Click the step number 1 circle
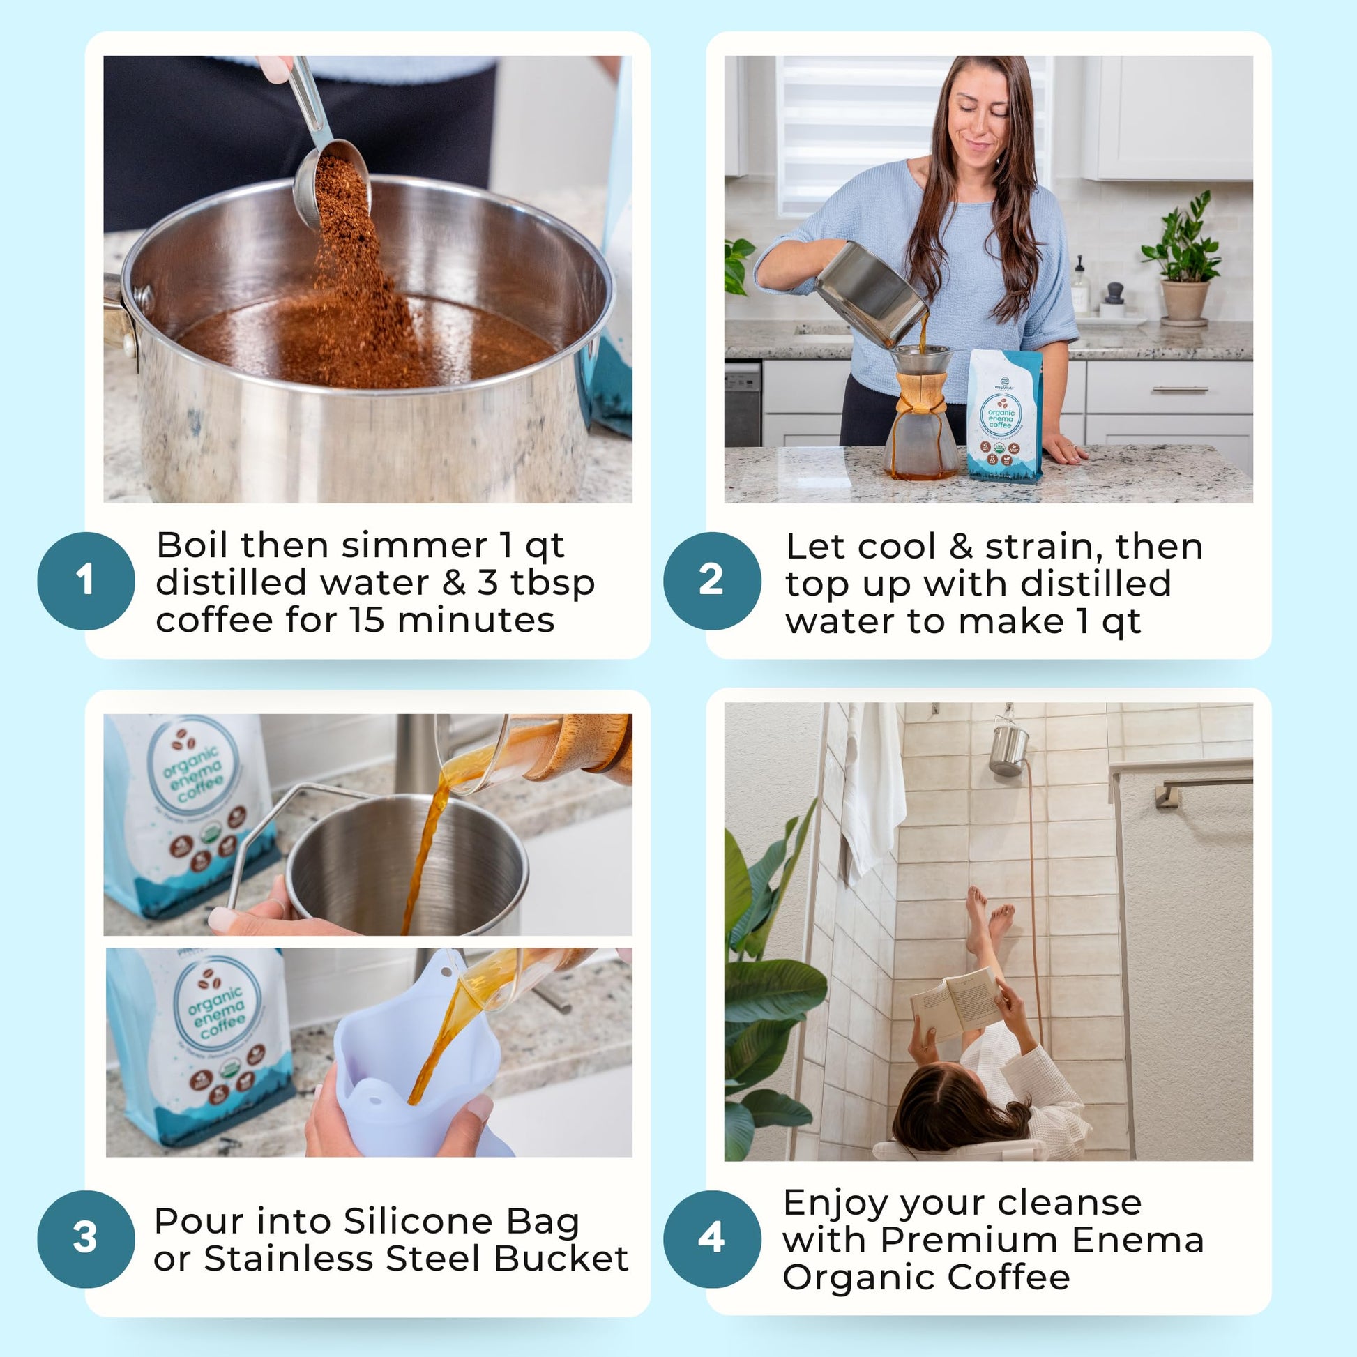tap(86, 581)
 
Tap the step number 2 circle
tap(711, 581)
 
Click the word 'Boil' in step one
tap(193, 546)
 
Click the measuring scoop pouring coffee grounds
tap(330, 176)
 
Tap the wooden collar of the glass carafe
tap(920, 393)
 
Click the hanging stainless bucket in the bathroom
tap(1008, 750)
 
